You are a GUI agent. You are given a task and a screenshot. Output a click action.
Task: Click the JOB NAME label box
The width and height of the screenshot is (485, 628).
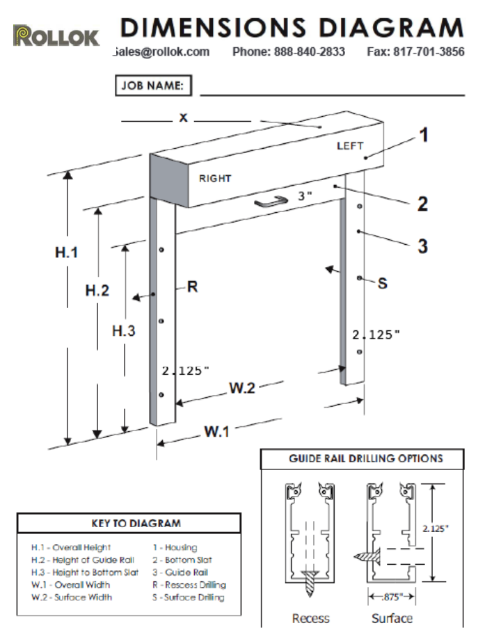pos(153,86)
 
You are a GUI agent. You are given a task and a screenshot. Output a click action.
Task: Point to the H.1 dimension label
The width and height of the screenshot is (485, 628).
pos(67,252)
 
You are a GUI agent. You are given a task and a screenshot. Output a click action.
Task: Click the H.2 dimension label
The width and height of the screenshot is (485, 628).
pos(97,291)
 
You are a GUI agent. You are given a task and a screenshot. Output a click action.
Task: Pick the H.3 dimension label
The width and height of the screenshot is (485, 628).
pos(124,331)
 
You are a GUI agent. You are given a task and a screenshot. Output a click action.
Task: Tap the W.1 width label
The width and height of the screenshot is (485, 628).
pos(216,431)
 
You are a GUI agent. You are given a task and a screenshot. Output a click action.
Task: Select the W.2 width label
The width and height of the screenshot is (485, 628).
pos(241,387)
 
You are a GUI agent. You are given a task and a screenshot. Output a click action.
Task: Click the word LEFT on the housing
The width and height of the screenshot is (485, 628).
pos(350,146)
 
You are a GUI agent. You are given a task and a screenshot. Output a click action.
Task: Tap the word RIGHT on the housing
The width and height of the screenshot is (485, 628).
pos(215,179)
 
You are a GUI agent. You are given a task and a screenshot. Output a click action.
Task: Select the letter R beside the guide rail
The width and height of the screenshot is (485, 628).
pos(192,287)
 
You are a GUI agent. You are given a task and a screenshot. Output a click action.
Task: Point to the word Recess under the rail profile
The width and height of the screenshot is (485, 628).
pos(310,618)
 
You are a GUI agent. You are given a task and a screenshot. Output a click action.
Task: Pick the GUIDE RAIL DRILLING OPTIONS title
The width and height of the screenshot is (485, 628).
pos(365,459)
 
